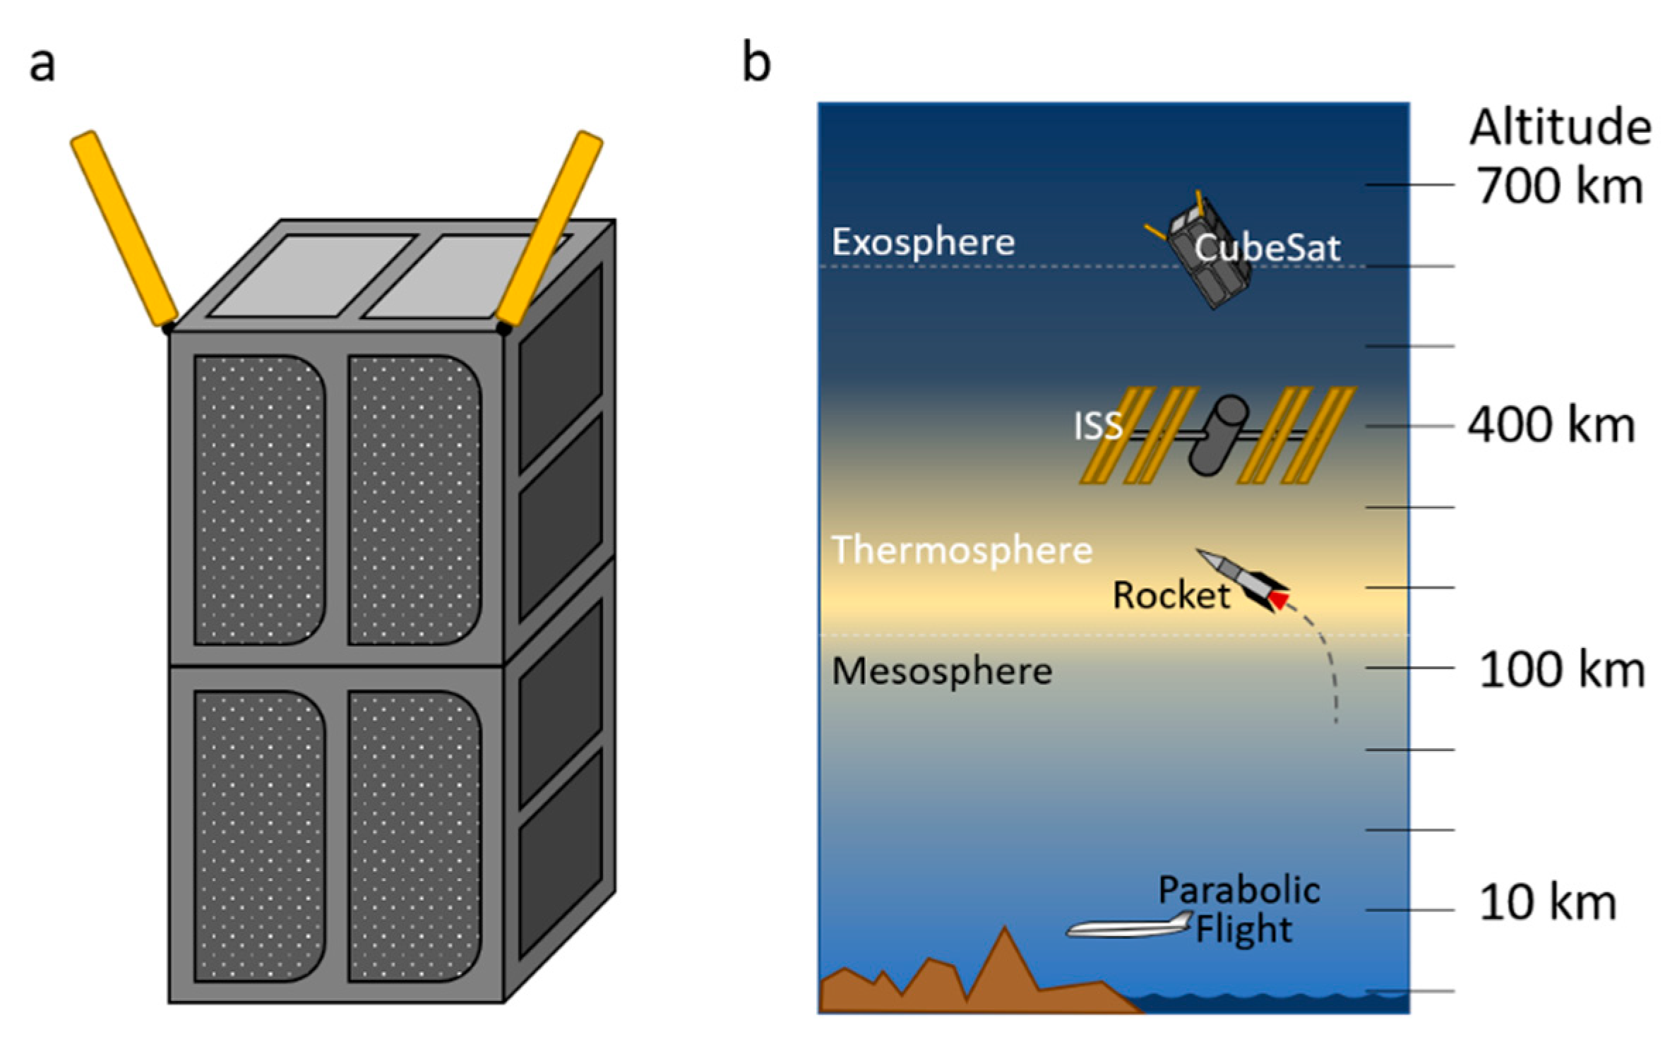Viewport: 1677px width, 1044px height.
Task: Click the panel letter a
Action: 42,65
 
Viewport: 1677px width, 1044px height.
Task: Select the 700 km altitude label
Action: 1560,186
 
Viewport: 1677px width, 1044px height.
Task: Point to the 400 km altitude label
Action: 1551,426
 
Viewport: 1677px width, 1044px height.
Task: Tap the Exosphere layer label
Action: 923,243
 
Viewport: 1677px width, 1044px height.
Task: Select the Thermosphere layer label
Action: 962,550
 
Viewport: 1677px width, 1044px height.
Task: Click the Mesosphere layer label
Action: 941,671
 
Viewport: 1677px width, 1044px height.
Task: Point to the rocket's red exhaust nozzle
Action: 1279,601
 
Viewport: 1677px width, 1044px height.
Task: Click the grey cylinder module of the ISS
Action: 1217,436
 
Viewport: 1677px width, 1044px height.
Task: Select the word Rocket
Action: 1171,595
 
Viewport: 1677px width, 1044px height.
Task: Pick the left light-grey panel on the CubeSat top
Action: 309,275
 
